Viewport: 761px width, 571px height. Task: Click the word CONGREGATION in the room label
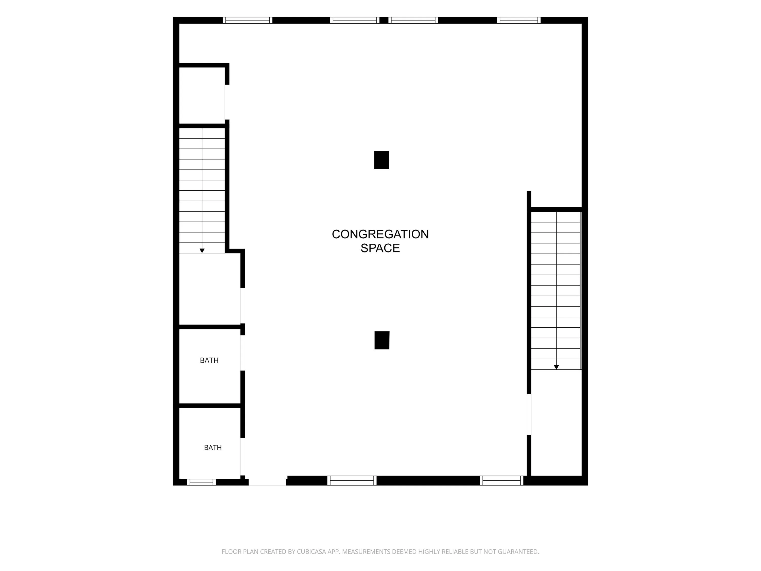pos(380,234)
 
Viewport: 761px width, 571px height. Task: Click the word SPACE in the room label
pos(380,248)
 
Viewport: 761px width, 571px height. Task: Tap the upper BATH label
pos(209,360)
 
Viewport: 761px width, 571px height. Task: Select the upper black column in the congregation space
pos(382,160)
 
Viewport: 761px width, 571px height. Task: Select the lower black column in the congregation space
pos(382,340)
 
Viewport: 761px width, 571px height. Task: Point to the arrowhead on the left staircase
pos(202,251)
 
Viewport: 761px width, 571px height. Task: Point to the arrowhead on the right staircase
pos(556,367)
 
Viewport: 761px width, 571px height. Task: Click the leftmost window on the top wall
pos(247,20)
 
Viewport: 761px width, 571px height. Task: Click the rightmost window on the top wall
pos(519,20)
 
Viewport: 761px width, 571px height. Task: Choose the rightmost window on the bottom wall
pos(501,480)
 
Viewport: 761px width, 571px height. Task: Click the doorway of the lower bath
pos(243,457)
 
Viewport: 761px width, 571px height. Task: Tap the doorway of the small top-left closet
pos(227,102)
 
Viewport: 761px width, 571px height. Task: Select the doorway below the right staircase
pos(529,414)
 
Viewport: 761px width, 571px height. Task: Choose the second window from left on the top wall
pos(355,20)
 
